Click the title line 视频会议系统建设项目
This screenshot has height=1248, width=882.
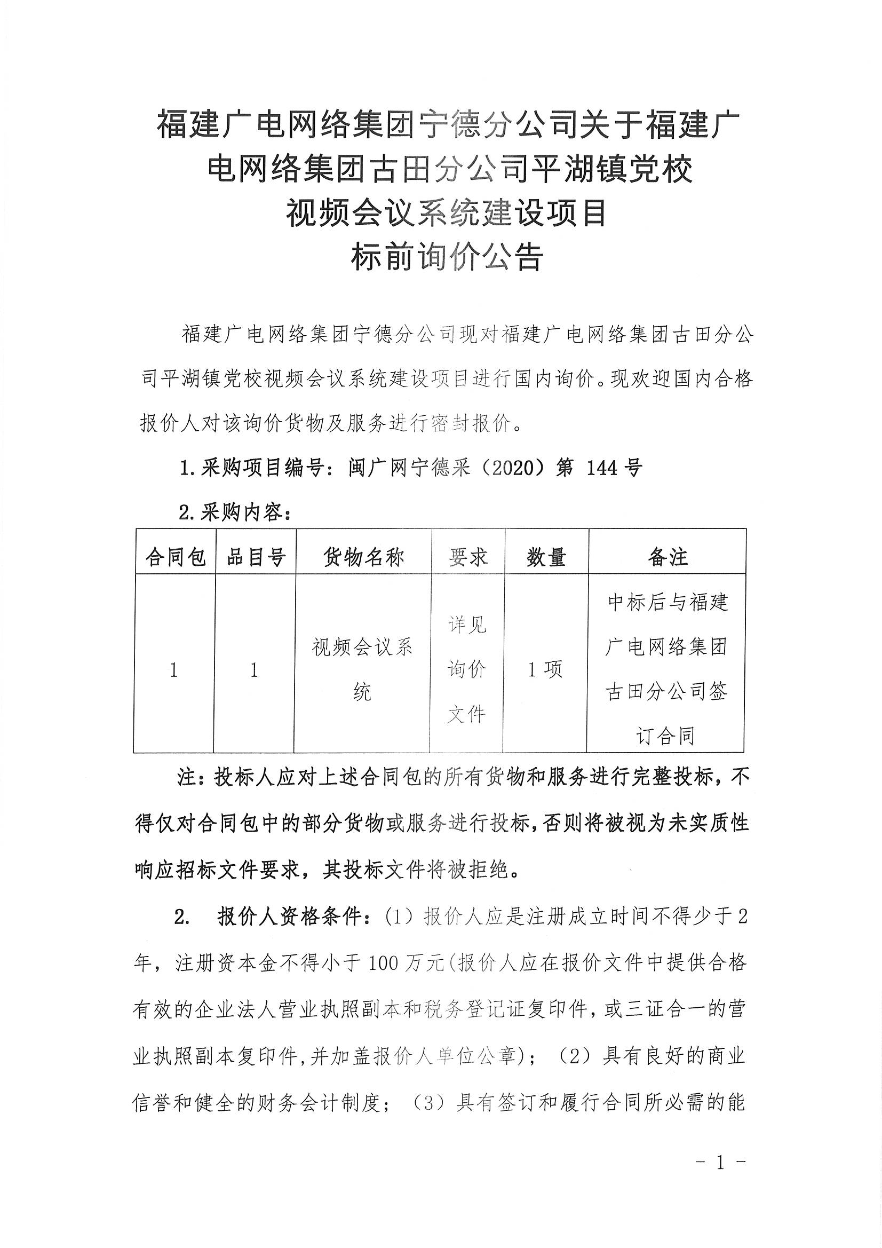point(447,212)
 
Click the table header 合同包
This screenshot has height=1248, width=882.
point(175,557)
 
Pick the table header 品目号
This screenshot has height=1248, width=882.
point(255,557)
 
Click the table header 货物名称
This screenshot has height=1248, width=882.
point(363,557)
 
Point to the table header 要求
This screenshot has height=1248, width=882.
point(467,557)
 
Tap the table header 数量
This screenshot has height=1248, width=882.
point(546,557)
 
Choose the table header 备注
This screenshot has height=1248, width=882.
point(668,557)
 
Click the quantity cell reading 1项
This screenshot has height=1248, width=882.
point(545,670)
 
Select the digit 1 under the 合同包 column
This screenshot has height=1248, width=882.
point(174,670)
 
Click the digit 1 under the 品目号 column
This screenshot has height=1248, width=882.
point(254,670)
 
